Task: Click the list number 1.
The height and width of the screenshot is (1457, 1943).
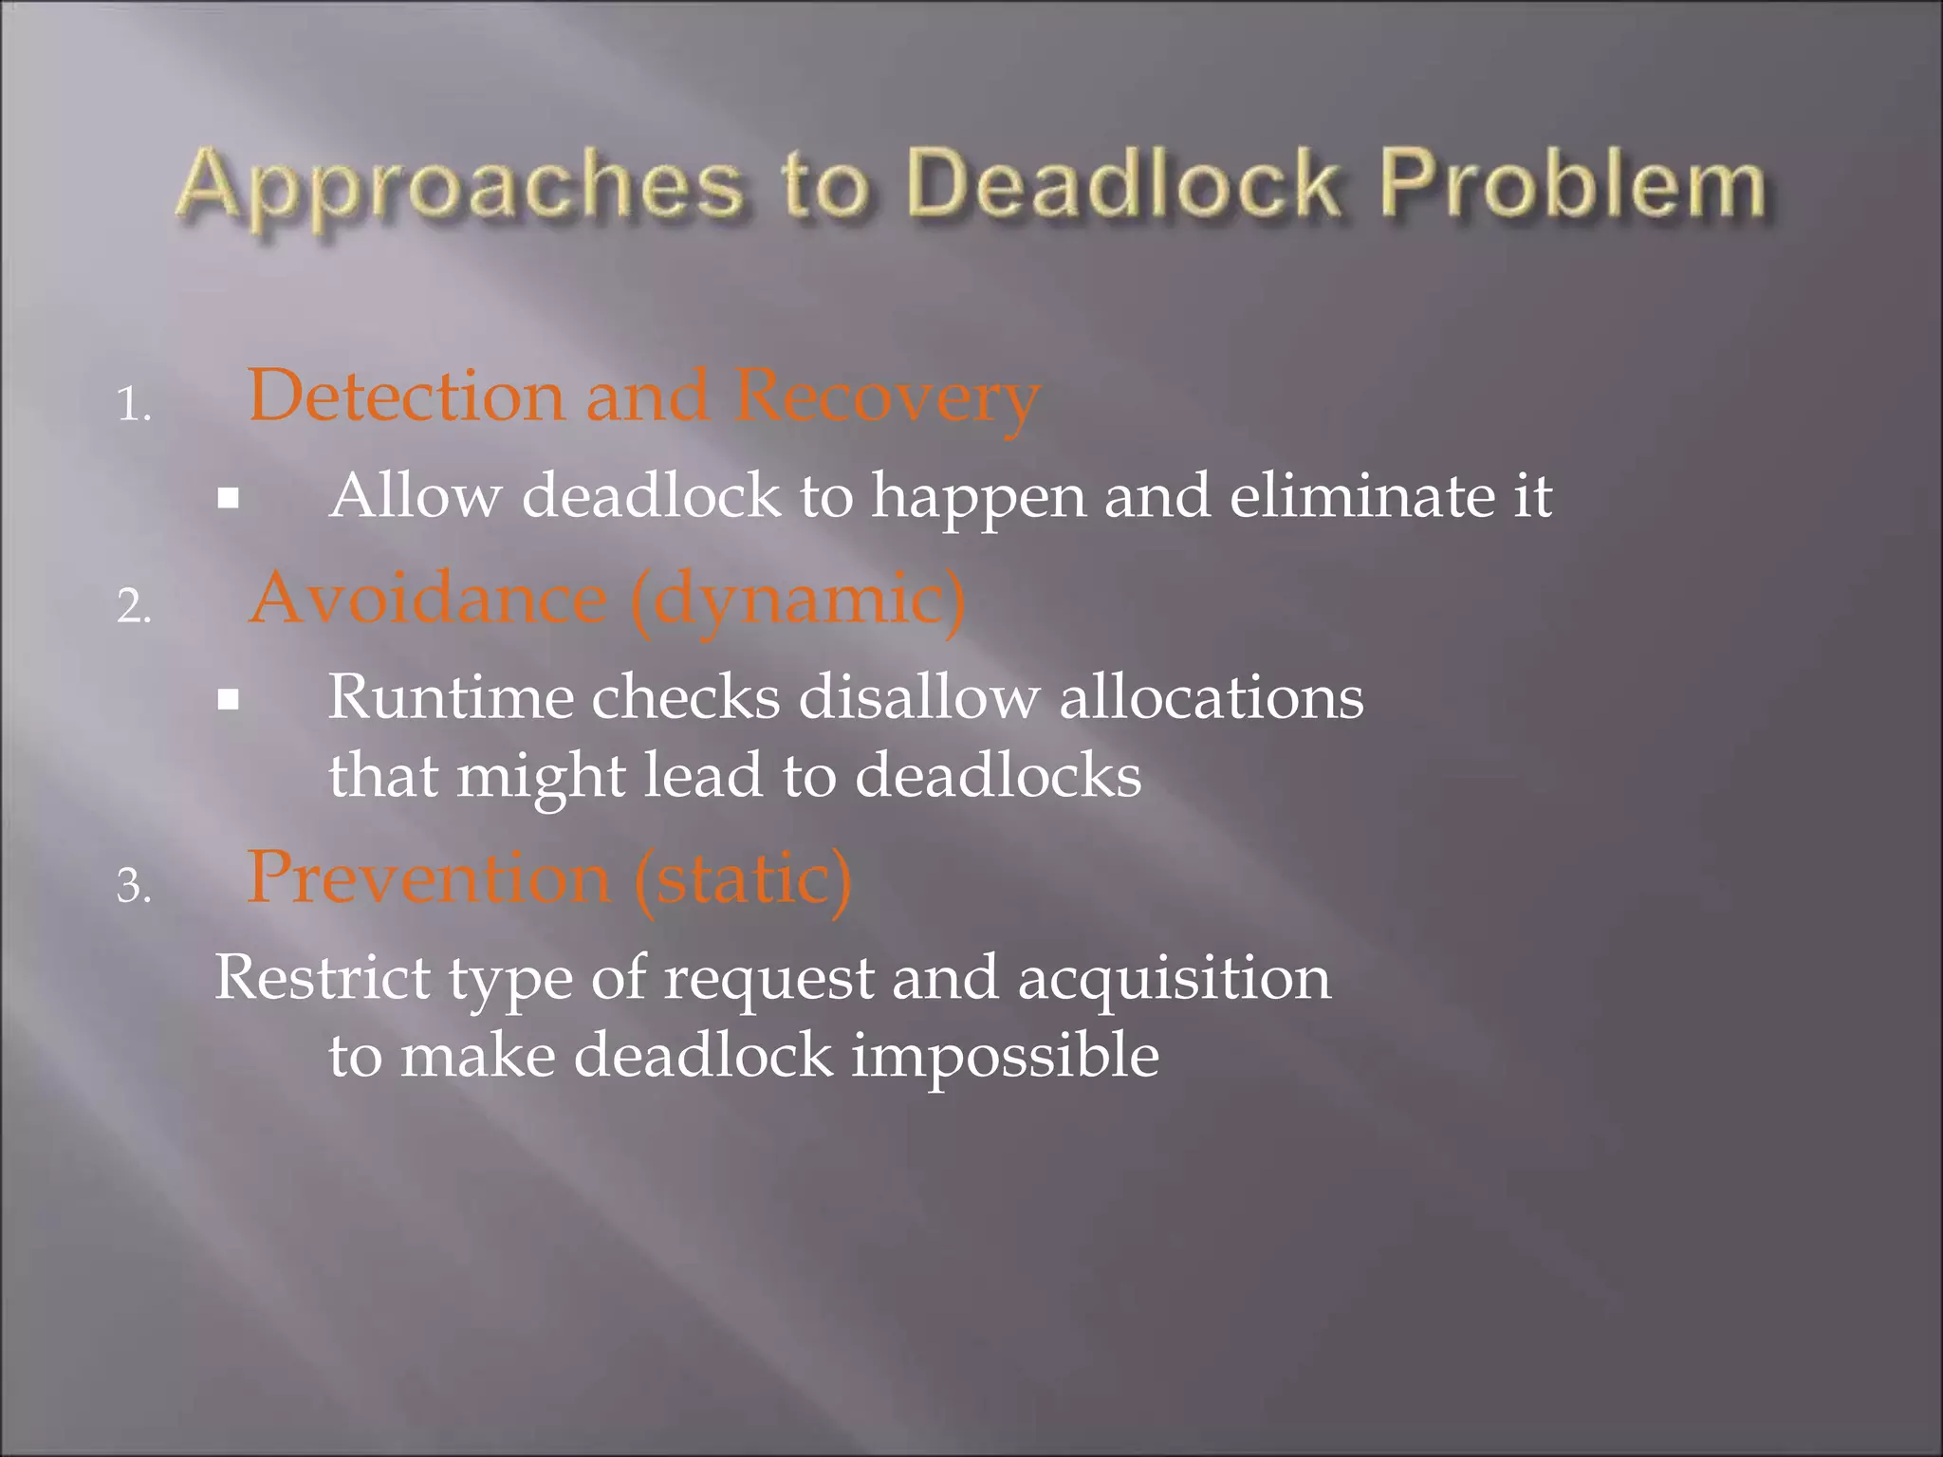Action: (133, 406)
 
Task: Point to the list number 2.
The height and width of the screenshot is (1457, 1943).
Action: (133, 606)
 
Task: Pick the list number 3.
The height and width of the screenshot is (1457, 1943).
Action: (133, 886)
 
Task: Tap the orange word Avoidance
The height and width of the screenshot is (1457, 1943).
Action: (428, 599)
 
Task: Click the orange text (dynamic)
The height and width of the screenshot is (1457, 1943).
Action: (798, 601)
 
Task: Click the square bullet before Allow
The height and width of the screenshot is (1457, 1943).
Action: (228, 498)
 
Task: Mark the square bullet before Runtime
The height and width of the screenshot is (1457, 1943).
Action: (228, 700)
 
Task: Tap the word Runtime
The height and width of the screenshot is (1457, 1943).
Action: (451, 697)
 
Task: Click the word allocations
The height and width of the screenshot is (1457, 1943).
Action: (1211, 697)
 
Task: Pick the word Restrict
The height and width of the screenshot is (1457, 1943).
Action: (323, 977)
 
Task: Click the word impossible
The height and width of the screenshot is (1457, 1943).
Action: (1005, 1057)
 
